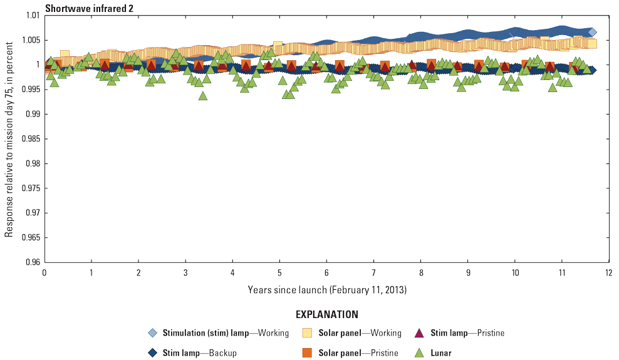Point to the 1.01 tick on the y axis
(31, 15)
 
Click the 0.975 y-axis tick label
(29, 188)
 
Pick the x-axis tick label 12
(608, 273)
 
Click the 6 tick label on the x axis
(326, 273)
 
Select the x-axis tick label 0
(44, 273)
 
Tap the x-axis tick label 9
(468, 273)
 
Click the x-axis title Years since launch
(326, 289)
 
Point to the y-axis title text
(9, 138)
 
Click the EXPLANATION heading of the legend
(326, 314)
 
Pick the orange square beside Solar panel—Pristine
(307, 352)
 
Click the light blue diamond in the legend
(152, 333)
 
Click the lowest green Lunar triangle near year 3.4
(203, 96)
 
